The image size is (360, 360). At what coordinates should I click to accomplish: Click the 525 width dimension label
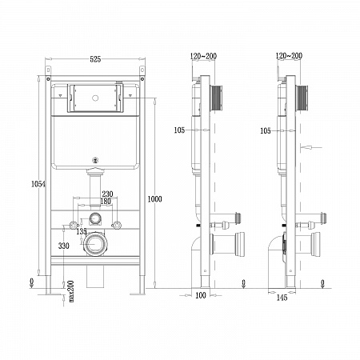click(x=95, y=59)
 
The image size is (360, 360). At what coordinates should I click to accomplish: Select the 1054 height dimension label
click(x=38, y=184)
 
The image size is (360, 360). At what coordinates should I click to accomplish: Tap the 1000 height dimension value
click(x=154, y=199)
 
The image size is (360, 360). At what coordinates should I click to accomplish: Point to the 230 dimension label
click(x=107, y=194)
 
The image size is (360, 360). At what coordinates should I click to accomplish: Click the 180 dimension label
click(x=106, y=201)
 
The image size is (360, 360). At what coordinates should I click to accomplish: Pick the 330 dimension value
click(x=64, y=246)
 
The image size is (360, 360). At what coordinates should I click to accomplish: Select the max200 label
click(x=71, y=291)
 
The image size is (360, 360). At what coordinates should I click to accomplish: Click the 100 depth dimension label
click(x=201, y=295)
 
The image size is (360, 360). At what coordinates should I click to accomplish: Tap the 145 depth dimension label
click(x=282, y=298)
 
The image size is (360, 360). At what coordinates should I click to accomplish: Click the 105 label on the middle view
click(x=179, y=130)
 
